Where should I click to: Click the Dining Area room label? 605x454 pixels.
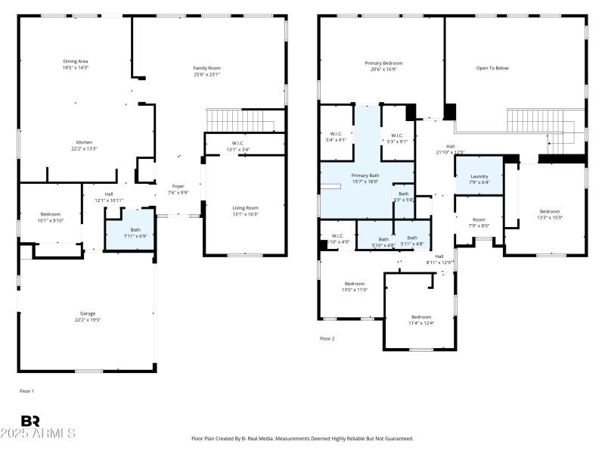tap(76, 61)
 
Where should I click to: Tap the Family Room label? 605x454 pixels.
tap(206, 68)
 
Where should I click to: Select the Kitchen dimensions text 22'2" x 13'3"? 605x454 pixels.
tap(84, 149)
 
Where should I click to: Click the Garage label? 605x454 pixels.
tap(88, 313)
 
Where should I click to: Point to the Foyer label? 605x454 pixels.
tap(178, 186)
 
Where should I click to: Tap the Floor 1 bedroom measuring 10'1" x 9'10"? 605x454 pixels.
tap(51, 216)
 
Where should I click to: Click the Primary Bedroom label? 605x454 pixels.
tap(383, 64)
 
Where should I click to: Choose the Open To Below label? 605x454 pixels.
tap(492, 68)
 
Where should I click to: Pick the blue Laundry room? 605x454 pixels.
tap(479, 177)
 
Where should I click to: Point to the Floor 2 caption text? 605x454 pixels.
tap(327, 338)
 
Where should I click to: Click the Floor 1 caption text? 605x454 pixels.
tap(27, 390)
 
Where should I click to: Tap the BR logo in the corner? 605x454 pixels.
tap(30, 421)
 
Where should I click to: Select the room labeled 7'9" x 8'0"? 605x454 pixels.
tap(479, 222)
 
